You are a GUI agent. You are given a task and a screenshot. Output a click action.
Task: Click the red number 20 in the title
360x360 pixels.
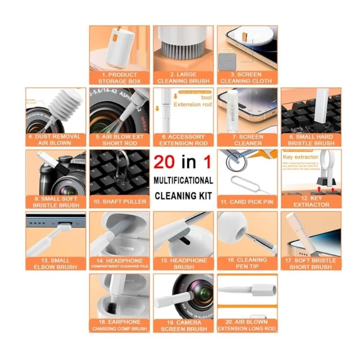pos(165,162)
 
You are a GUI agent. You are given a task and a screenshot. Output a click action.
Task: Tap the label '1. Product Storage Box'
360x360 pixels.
pos(119,78)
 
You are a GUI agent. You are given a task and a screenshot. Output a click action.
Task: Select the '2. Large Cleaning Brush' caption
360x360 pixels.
pos(184,78)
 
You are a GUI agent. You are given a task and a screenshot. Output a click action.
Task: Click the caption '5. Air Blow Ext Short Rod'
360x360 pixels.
pos(119,140)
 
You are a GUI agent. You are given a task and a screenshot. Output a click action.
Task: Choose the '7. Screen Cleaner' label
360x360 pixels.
pos(248,140)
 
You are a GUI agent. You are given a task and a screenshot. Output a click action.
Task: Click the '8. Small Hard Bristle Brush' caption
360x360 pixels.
pos(311,140)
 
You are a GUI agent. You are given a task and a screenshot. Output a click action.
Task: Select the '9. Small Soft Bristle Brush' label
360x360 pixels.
pos(56,202)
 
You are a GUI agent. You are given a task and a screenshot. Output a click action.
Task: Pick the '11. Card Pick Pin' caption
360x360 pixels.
pos(248,202)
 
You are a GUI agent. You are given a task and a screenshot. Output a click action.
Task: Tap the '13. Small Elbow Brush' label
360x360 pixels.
pos(56,263)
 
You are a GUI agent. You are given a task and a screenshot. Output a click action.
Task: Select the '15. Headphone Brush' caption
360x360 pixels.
pos(184,263)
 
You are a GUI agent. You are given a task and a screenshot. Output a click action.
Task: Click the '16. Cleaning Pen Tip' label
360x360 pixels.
pos(248,263)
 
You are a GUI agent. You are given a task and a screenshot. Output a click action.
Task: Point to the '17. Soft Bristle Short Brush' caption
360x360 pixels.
pos(311,263)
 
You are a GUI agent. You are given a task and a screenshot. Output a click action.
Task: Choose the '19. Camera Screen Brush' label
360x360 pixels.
pos(184,326)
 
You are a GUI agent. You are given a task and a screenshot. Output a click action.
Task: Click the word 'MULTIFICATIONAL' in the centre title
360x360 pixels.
pos(183,180)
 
